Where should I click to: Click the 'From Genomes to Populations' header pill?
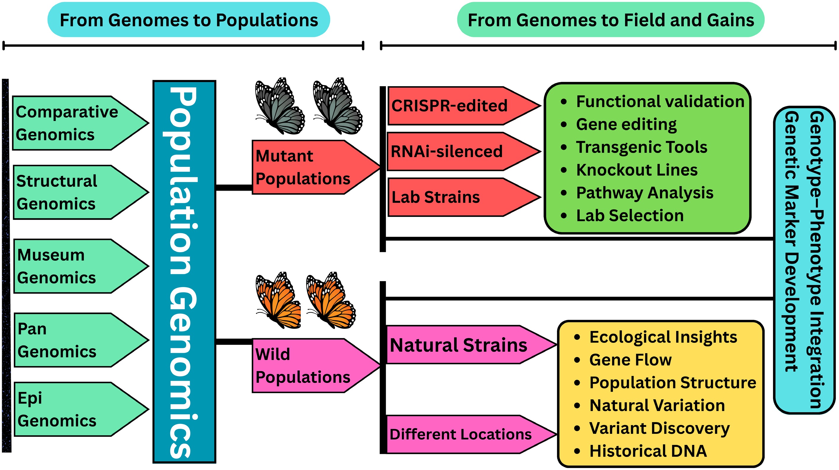189,20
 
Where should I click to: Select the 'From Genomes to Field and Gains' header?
611,20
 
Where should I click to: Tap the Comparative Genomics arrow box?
75,123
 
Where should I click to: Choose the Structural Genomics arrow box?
75,192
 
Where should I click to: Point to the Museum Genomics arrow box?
75,266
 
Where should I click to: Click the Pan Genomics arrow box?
75,340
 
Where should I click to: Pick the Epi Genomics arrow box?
75,409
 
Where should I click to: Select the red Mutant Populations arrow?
310,168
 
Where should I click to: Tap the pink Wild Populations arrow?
310,366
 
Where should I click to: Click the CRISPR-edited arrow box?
456,106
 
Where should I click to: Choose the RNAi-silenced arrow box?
456,152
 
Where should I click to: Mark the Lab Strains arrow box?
456,197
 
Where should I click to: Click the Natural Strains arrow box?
463,345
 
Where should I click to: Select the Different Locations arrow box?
463,434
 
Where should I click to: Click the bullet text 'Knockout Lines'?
637,170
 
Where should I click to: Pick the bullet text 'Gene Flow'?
631,360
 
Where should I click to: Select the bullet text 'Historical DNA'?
648,451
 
